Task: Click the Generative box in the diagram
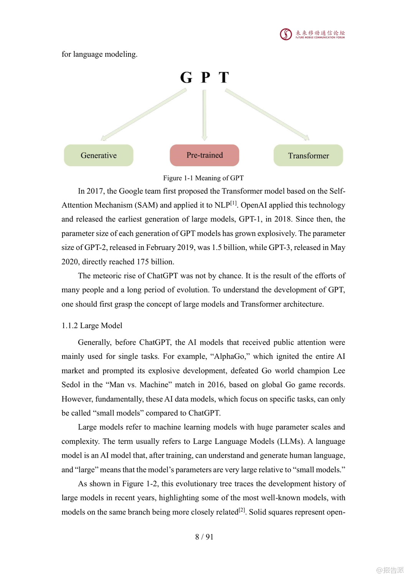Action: (x=99, y=155)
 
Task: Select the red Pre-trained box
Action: (x=204, y=155)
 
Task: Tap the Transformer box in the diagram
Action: (x=308, y=156)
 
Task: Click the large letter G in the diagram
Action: (x=186, y=77)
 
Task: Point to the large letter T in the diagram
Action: (x=224, y=77)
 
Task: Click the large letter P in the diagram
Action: (x=206, y=77)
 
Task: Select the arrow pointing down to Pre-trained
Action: (x=204, y=115)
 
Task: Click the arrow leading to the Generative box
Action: (x=144, y=114)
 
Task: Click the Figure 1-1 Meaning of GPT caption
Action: (x=203, y=178)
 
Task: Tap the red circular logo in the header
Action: (x=286, y=34)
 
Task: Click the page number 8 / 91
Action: (x=204, y=537)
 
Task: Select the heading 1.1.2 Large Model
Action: (x=92, y=325)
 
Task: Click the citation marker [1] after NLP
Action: (x=234, y=203)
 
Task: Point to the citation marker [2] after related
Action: (x=242, y=510)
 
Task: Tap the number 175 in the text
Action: (x=143, y=262)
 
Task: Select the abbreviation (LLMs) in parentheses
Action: (x=290, y=441)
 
